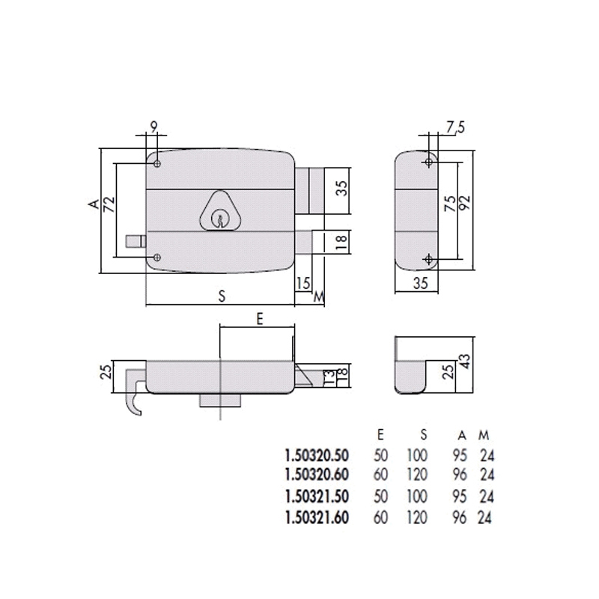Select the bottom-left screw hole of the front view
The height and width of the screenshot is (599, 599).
(x=156, y=258)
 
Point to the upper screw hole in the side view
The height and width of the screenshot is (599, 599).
(x=428, y=162)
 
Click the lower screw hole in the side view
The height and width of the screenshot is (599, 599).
(x=428, y=259)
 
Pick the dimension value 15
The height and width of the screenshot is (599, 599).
(x=302, y=282)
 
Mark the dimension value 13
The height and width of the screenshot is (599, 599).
(x=327, y=376)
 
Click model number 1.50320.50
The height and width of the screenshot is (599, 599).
(x=317, y=454)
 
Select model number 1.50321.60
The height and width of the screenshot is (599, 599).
(x=317, y=516)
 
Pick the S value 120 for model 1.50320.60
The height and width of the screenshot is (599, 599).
(x=417, y=475)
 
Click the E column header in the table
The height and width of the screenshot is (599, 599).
(x=381, y=434)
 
